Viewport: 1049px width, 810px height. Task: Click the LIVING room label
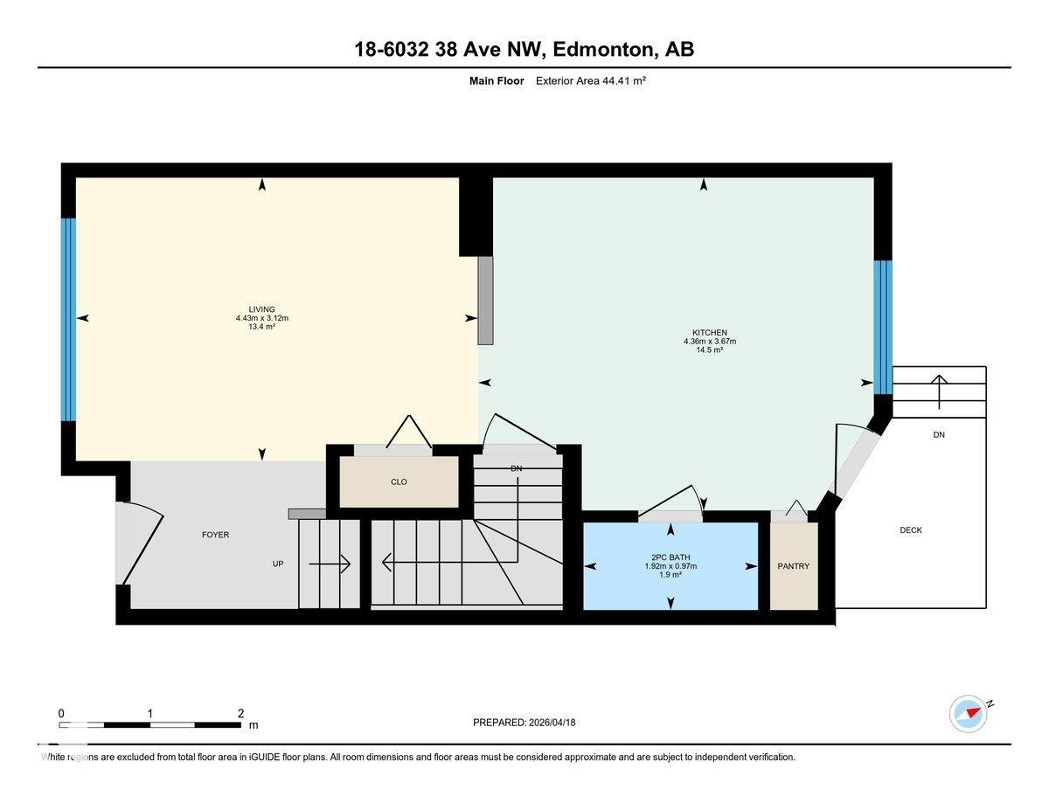(x=261, y=309)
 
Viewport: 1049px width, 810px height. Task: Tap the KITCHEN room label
(x=709, y=332)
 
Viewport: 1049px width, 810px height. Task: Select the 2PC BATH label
(x=670, y=557)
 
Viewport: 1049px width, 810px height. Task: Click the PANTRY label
(x=793, y=566)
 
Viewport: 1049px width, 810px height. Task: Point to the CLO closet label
(x=399, y=482)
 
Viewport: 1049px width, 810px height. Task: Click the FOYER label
(x=215, y=535)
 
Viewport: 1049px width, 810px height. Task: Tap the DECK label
(x=911, y=530)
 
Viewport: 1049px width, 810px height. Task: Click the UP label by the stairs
(x=278, y=564)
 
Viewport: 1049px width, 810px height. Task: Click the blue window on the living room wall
(x=68, y=320)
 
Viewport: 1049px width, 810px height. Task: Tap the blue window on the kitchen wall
(x=883, y=328)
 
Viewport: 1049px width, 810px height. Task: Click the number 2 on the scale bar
(x=240, y=713)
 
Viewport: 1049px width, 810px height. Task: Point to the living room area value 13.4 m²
(x=261, y=327)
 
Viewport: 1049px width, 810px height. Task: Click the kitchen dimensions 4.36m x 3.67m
(x=709, y=341)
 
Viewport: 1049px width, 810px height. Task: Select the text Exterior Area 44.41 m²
(x=590, y=80)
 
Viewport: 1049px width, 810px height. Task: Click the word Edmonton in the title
(x=602, y=49)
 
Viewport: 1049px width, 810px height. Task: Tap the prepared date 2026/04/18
(x=552, y=723)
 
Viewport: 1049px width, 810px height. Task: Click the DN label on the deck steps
(x=939, y=434)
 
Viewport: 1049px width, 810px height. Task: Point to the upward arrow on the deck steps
(x=939, y=391)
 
